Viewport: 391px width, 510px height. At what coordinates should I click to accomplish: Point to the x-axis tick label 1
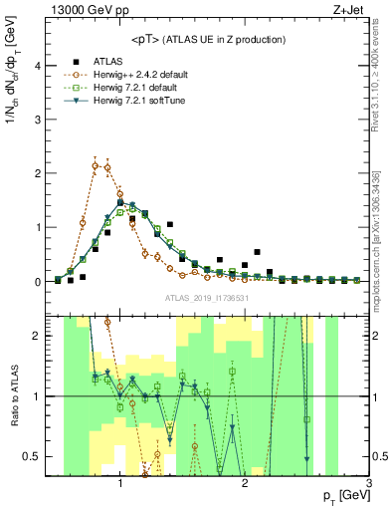[x=120, y=483]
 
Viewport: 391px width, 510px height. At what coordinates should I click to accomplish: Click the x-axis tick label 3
[x=368, y=483]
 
